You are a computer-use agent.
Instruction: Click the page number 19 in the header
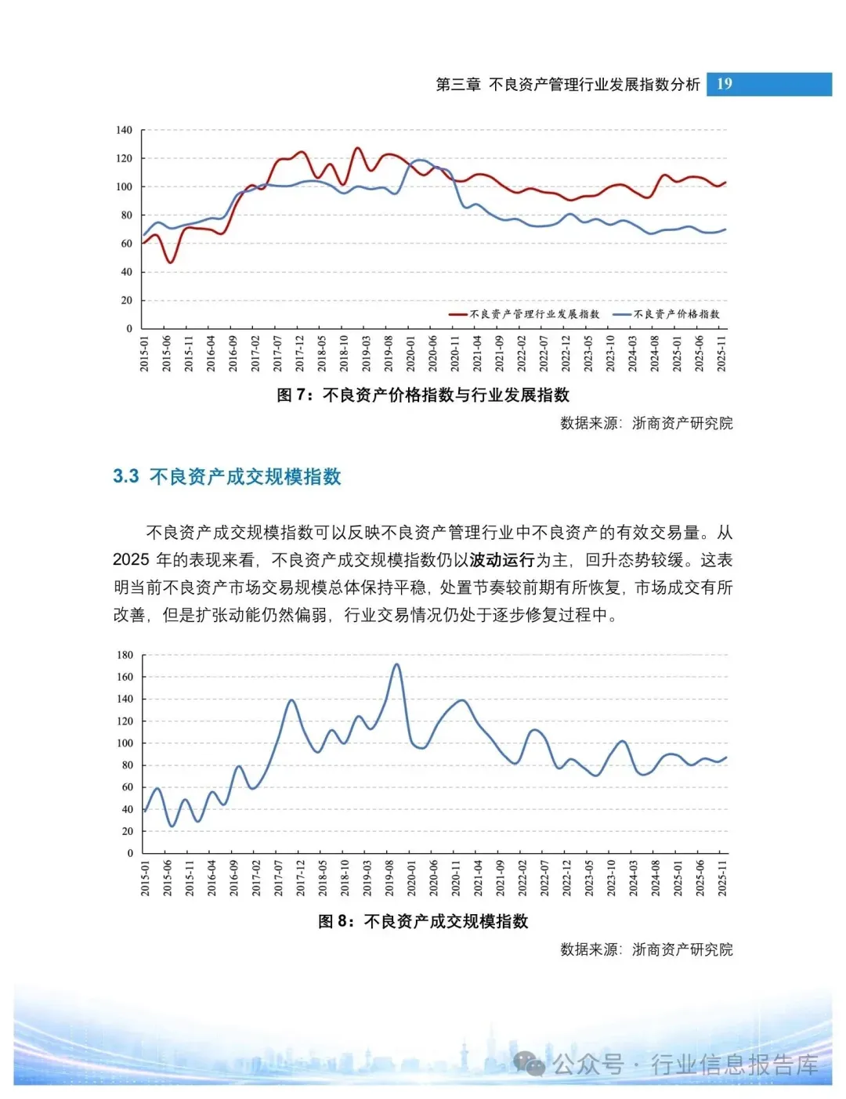pyautogui.click(x=724, y=84)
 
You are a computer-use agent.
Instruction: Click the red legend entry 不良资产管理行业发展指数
pyautogui.click(x=523, y=314)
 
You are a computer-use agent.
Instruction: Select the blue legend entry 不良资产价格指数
pyautogui.click(x=666, y=314)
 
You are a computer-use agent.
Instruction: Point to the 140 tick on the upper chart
pyautogui.click(x=124, y=130)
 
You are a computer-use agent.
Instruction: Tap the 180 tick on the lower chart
pyautogui.click(x=125, y=654)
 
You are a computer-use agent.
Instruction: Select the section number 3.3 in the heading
pyautogui.click(x=125, y=476)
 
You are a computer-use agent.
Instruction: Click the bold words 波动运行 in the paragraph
pyautogui.click(x=501, y=560)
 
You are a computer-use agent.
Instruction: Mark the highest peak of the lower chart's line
pyautogui.click(x=396, y=664)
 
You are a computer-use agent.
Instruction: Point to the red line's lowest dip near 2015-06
pyautogui.click(x=171, y=262)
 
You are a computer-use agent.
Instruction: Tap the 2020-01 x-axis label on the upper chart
pyautogui.click(x=410, y=353)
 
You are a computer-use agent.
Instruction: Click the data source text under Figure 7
pyautogui.click(x=646, y=423)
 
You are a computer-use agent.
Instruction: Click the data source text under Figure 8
pyautogui.click(x=646, y=949)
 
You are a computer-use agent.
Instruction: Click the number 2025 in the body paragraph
pyautogui.click(x=131, y=560)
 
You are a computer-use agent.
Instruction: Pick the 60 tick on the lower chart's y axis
pyautogui.click(x=127, y=787)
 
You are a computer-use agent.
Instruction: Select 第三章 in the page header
pyautogui.click(x=458, y=84)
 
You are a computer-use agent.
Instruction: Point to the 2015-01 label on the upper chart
pyautogui.click(x=144, y=353)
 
